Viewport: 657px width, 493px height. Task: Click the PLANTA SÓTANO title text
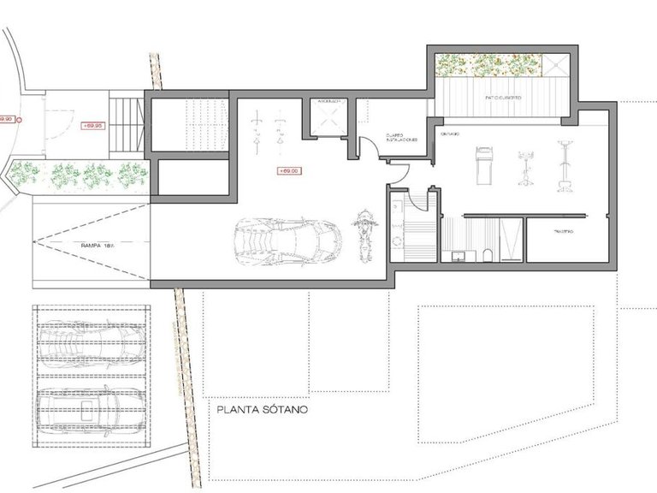(262, 409)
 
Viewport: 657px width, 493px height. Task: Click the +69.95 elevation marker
(92, 125)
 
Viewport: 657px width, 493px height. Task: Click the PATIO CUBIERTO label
(503, 98)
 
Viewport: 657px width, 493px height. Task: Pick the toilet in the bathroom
(485, 253)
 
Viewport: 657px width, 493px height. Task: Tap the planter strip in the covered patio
(490, 64)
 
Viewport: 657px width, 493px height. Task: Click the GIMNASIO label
(451, 134)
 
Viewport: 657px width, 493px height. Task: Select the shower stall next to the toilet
(510, 239)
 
